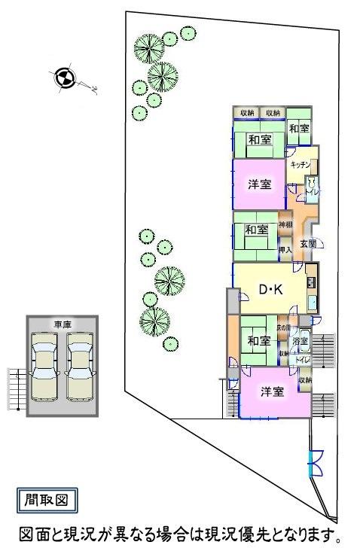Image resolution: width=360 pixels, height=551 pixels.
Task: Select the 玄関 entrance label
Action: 308,244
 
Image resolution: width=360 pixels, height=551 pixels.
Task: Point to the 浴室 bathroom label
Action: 301,342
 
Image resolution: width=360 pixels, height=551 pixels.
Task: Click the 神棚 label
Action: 285,225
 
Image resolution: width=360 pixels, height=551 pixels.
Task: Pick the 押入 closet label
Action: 285,249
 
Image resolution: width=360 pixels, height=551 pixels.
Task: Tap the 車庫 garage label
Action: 63,324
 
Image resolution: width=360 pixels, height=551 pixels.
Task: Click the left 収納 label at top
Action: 246,113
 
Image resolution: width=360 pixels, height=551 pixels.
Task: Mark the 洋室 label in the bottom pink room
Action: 272,391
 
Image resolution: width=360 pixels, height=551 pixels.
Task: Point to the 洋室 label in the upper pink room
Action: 260,184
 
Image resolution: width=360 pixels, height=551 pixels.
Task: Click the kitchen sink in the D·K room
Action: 312,303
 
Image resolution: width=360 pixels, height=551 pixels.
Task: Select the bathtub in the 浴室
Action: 304,336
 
